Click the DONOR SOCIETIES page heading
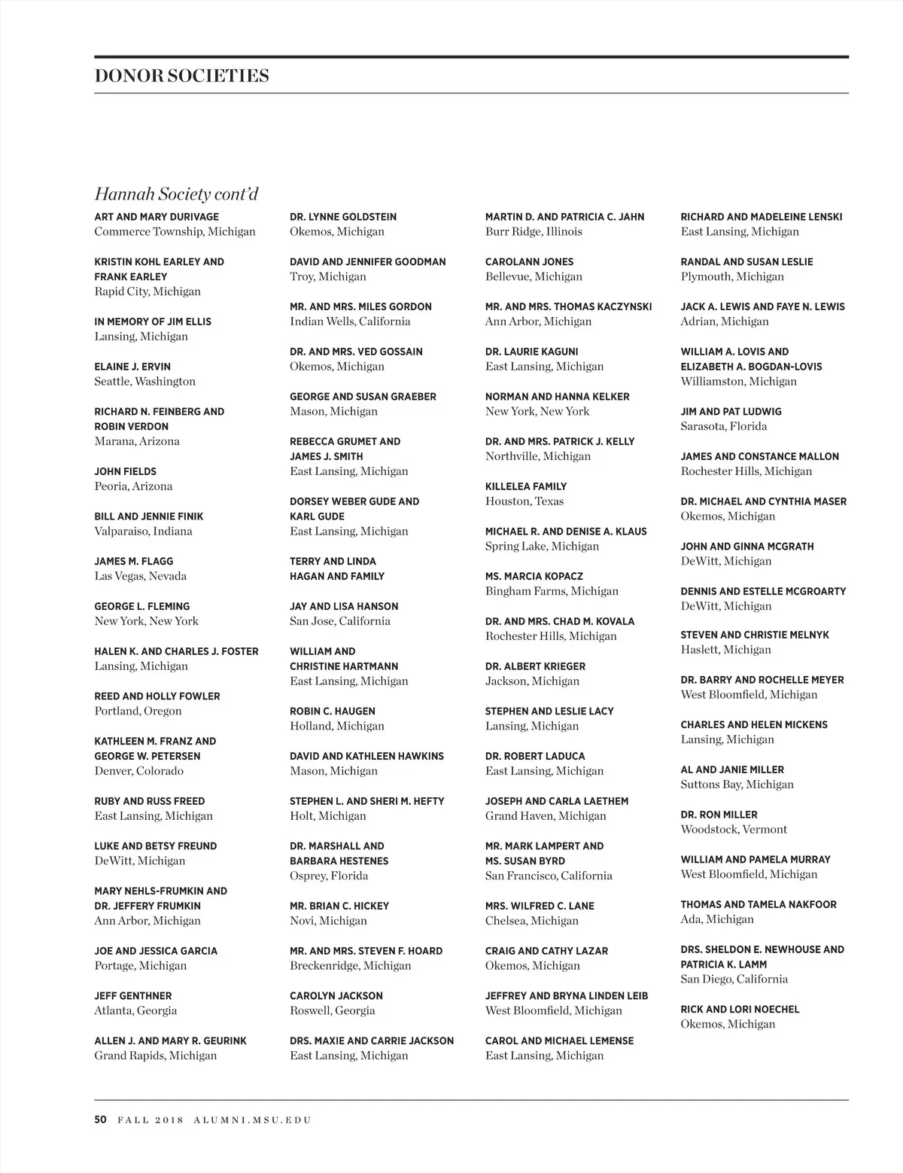[x=181, y=76]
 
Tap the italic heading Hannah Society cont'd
[x=176, y=194]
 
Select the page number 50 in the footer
[x=101, y=1120]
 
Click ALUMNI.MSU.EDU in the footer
[x=252, y=1120]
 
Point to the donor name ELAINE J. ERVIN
[x=132, y=367]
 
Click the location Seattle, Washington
[x=144, y=382]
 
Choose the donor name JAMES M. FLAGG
[x=134, y=562]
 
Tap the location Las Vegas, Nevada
[x=140, y=577]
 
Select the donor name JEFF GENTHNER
[x=133, y=996]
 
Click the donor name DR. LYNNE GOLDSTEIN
[x=343, y=217]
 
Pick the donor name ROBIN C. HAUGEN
[x=333, y=711]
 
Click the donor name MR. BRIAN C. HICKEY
[x=339, y=906]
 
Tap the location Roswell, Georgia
[x=332, y=1011]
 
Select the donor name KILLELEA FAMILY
[x=526, y=486]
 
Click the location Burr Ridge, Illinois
[x=534, y=232]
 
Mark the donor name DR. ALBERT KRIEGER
[x=535, y=666]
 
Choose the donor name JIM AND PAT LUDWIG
[x=731, y=412]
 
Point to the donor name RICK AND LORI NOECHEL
[x=740, y=1010]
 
